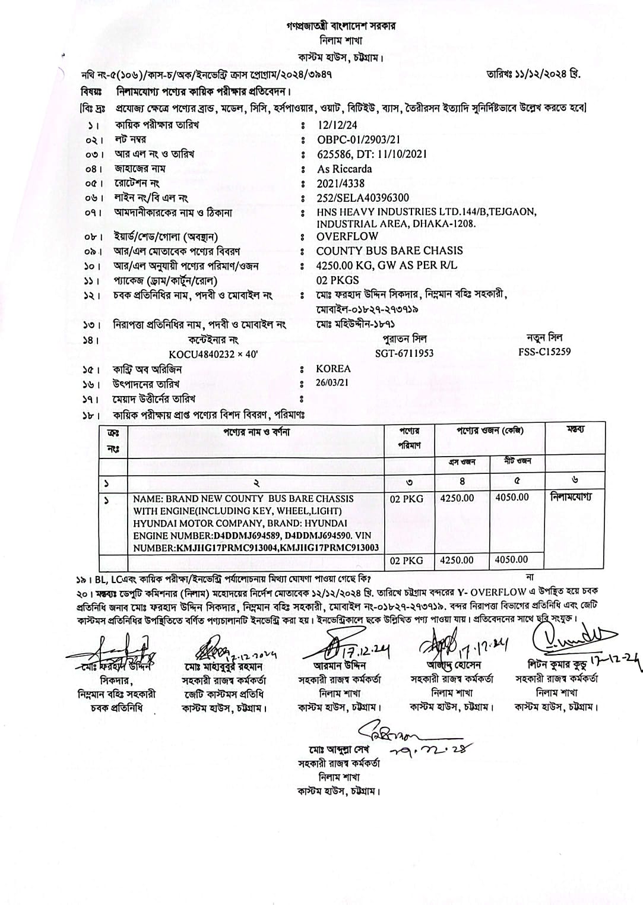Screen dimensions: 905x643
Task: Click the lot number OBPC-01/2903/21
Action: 359,140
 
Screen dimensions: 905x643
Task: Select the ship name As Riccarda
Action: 344,169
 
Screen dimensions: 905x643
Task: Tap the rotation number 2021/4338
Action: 341,183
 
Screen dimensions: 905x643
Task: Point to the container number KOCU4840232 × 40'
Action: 213,353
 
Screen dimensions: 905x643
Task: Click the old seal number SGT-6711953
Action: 404,353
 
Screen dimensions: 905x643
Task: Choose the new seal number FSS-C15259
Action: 544,352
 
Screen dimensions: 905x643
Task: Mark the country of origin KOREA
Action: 333,368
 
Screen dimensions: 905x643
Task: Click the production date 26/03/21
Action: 332,383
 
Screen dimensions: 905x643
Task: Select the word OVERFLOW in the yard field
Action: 347,236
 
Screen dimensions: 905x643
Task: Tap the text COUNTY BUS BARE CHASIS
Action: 389,251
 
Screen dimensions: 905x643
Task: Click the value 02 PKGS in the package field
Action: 338,280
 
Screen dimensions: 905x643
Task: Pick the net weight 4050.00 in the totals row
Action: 512,559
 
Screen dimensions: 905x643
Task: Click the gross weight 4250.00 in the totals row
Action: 457,559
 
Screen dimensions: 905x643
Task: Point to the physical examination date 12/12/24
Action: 338,125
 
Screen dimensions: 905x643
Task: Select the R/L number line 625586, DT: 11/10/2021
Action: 372,154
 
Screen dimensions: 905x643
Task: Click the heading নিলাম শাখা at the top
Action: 341,41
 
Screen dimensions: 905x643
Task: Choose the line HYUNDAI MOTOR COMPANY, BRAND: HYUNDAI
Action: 240,523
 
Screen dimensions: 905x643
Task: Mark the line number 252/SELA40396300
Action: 363,198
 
